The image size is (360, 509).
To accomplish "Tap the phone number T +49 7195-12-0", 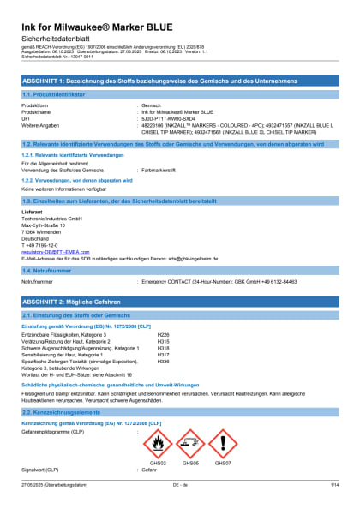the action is pos(41,243).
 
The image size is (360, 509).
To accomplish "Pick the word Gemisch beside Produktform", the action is pos(152,105).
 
